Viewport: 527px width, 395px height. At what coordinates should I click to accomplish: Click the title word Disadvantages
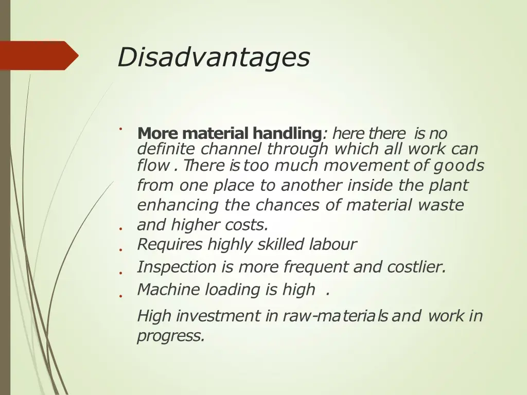(213, 57)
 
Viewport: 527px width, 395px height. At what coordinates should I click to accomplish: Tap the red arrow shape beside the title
(39, 56)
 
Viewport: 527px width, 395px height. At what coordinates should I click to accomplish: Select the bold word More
(157, 134)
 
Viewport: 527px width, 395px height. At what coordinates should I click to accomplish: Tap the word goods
(458, 166)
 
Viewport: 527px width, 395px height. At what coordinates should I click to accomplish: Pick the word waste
(441, 205)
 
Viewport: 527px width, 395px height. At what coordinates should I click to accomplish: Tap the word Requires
(170, 244)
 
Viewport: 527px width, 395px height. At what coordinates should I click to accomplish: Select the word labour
(332, 244)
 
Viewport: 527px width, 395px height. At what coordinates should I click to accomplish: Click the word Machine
(169, 290)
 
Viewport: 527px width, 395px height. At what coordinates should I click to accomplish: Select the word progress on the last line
(170, 336)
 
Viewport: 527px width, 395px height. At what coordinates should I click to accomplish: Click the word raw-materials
(335, 316)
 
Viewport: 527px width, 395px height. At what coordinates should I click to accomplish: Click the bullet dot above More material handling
(119, 129)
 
